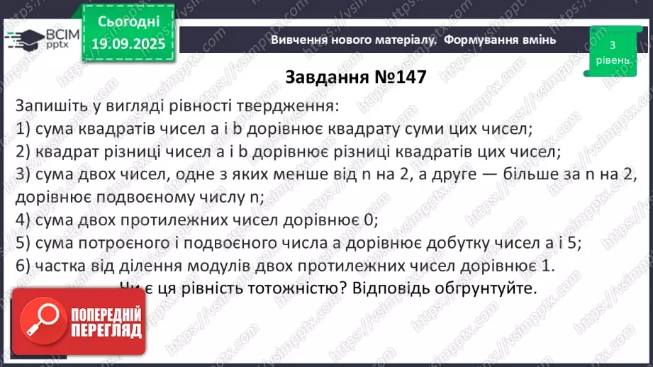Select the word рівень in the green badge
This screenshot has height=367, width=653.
(x=610, y=60)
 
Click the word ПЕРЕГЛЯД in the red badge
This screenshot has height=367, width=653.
(x=106, y=330)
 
